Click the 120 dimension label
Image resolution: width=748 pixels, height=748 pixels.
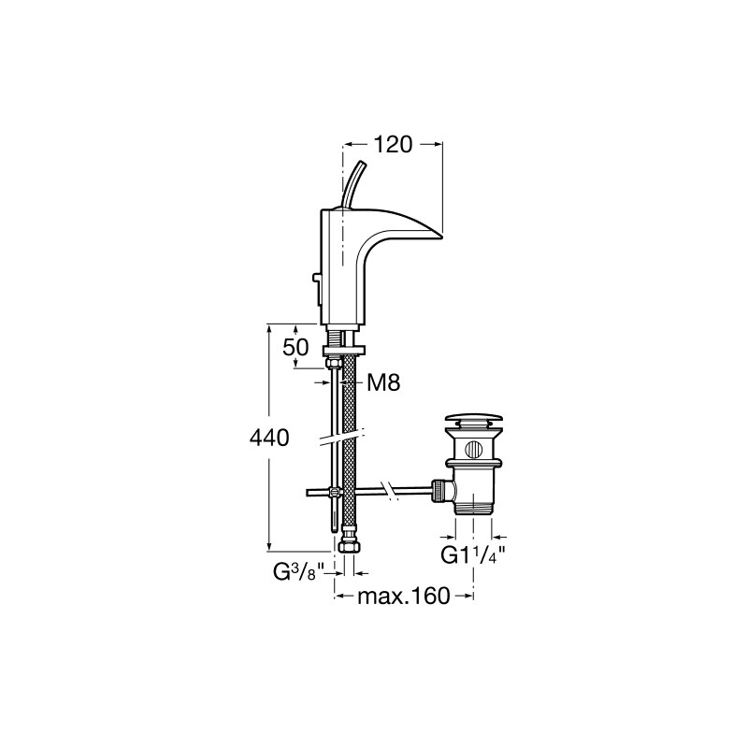(x=392, y=145)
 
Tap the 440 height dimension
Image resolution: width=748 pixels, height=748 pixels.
(x=269, y=438)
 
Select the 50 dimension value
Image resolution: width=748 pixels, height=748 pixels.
(x=295, y=348)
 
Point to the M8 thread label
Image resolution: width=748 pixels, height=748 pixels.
(x=383, y=382)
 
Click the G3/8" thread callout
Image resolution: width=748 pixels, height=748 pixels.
(x=298, y=572)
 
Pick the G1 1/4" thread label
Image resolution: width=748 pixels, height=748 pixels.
(x=472, y=555)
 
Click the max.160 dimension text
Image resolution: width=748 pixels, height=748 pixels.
(x=404, y=596)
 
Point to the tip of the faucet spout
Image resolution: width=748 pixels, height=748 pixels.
(x=442, y=237)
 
